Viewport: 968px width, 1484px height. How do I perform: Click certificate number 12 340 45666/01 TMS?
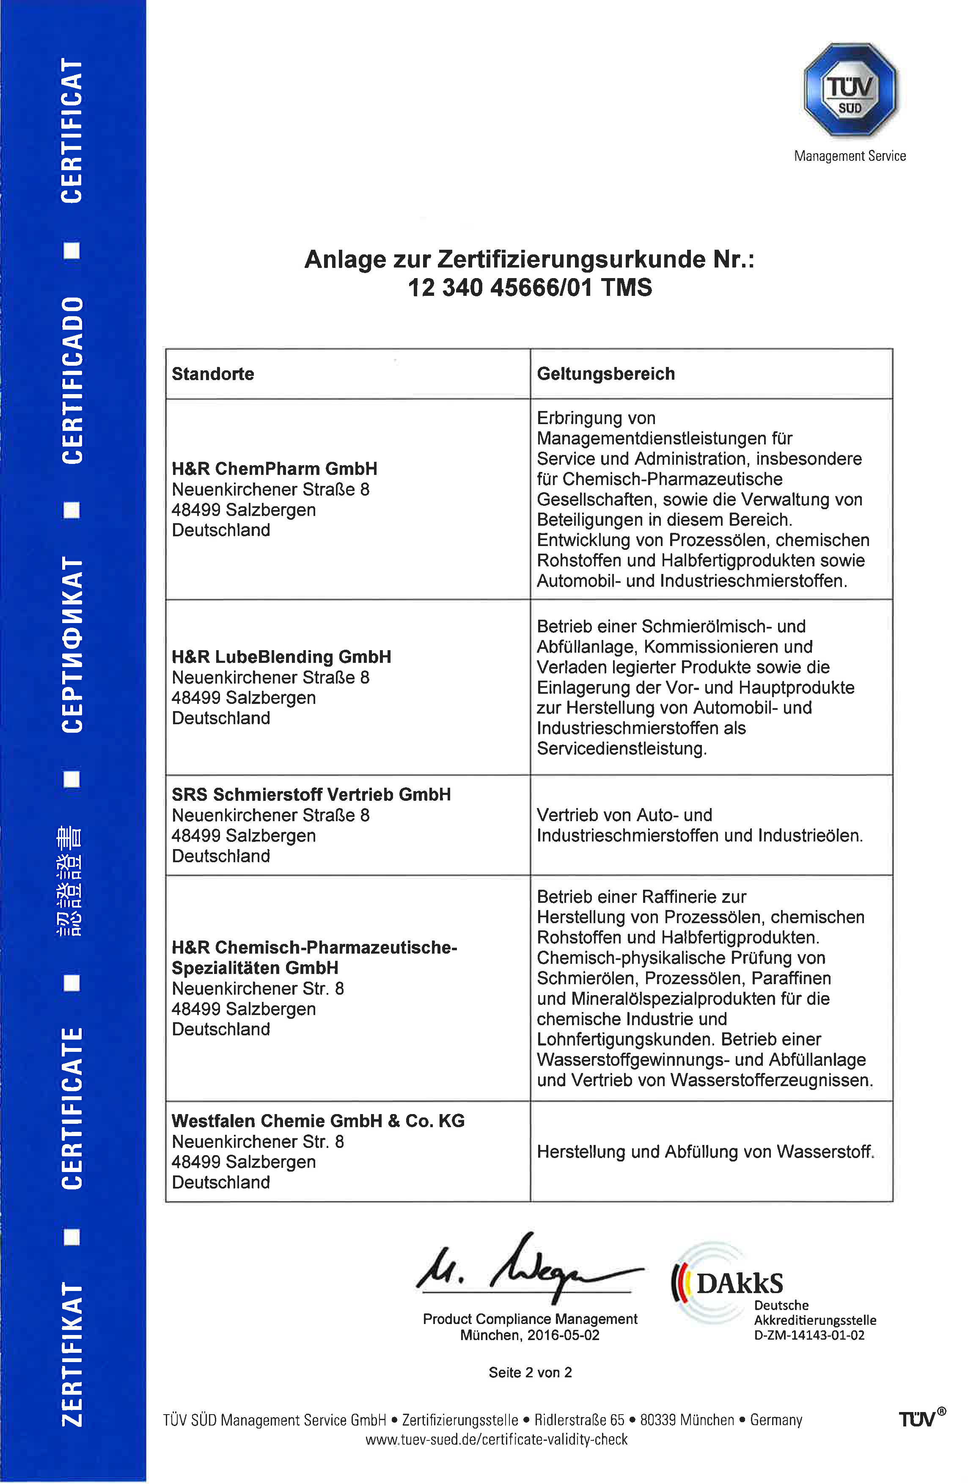pyautogui.click(x=529, y=287)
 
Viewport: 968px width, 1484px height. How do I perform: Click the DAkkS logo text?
pyautogui.click(x=739, y=1284)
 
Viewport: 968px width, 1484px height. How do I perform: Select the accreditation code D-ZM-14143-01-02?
pyautogui.click(x=808, y=1335)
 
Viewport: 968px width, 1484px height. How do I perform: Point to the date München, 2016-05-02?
pyautogui.click(x=529, y=1335)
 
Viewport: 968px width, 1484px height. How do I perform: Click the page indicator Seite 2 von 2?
pyautogui.click(x=530, y=1372)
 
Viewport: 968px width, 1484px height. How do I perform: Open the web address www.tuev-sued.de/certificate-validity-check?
pyautogui.click(x=496, y=1439)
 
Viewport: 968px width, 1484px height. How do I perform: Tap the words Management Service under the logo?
pyautogui.click(x=850, y=156)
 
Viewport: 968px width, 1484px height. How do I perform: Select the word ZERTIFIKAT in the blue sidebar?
pyautogui.click(x=72, y=1354)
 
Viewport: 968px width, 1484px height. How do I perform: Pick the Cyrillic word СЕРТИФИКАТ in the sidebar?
pyautogui.click(x=72, y=645)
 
